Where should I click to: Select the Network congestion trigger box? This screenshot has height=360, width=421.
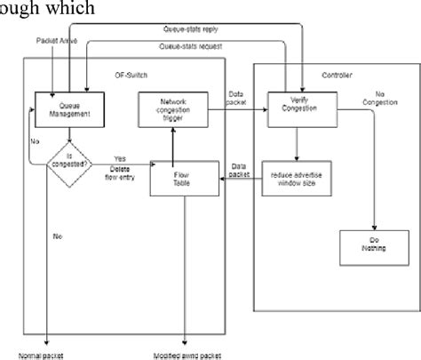pos(174,109)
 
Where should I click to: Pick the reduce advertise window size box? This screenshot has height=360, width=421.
pos(305,178)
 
